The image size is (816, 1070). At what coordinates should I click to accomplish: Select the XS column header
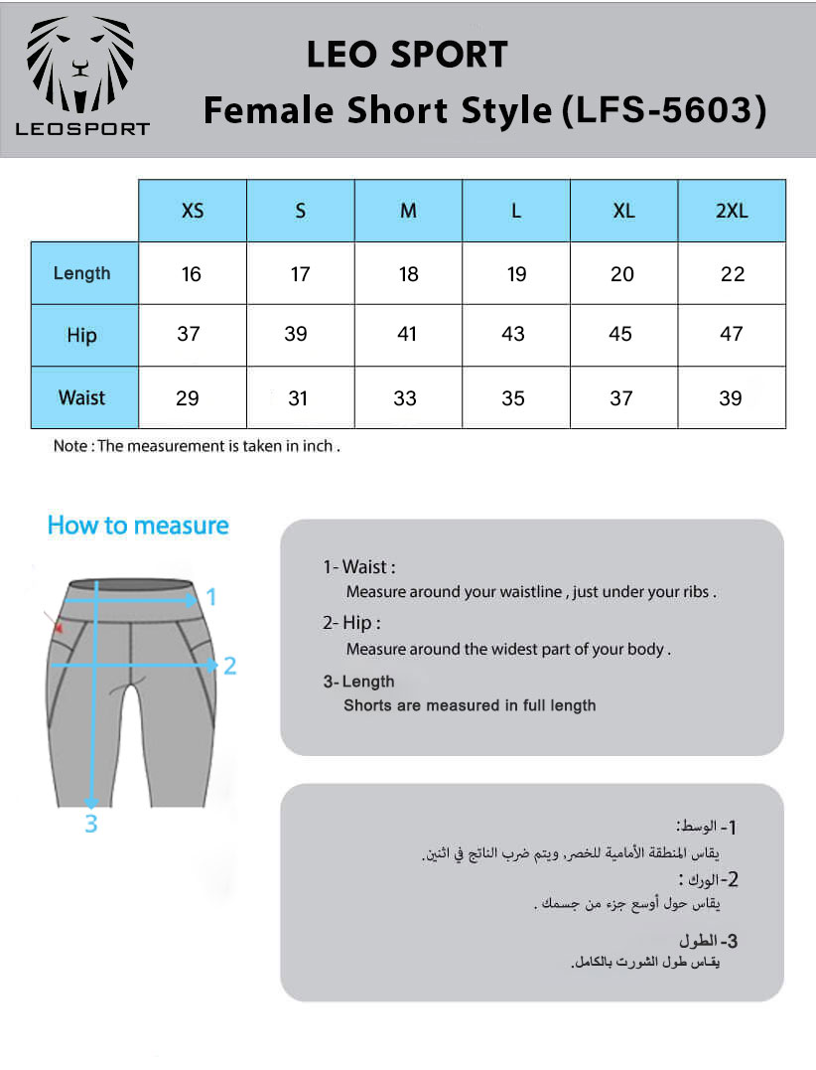coord(193,211)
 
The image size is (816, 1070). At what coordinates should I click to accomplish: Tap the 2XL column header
coord(732,211)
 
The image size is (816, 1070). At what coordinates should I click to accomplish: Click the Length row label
coord(82,273)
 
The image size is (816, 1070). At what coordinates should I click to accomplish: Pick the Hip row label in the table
coord(82,335)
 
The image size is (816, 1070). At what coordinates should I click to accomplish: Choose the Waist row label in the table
coord(82,397)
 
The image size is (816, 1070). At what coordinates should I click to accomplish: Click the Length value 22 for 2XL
coord(733,274)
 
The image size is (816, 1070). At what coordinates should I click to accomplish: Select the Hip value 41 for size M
coord(407,335)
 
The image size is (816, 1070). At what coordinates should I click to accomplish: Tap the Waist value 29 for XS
coord(188,398)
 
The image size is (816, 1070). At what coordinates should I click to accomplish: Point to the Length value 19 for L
coord(516,274)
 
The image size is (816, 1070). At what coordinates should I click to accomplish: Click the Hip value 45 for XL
coord(620,335)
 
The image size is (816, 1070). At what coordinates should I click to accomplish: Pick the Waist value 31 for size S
coord(298,398)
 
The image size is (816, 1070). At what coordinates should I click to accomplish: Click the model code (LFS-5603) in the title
coord(664,110)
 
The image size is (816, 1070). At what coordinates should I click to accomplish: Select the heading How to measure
coord(138,526)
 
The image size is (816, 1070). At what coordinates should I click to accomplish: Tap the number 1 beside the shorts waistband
coord(210,597)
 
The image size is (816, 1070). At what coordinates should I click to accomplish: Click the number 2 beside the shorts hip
coord(229,666)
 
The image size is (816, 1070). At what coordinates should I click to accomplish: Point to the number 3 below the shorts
coord(90,824)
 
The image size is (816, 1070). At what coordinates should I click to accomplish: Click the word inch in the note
coord(319,446)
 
